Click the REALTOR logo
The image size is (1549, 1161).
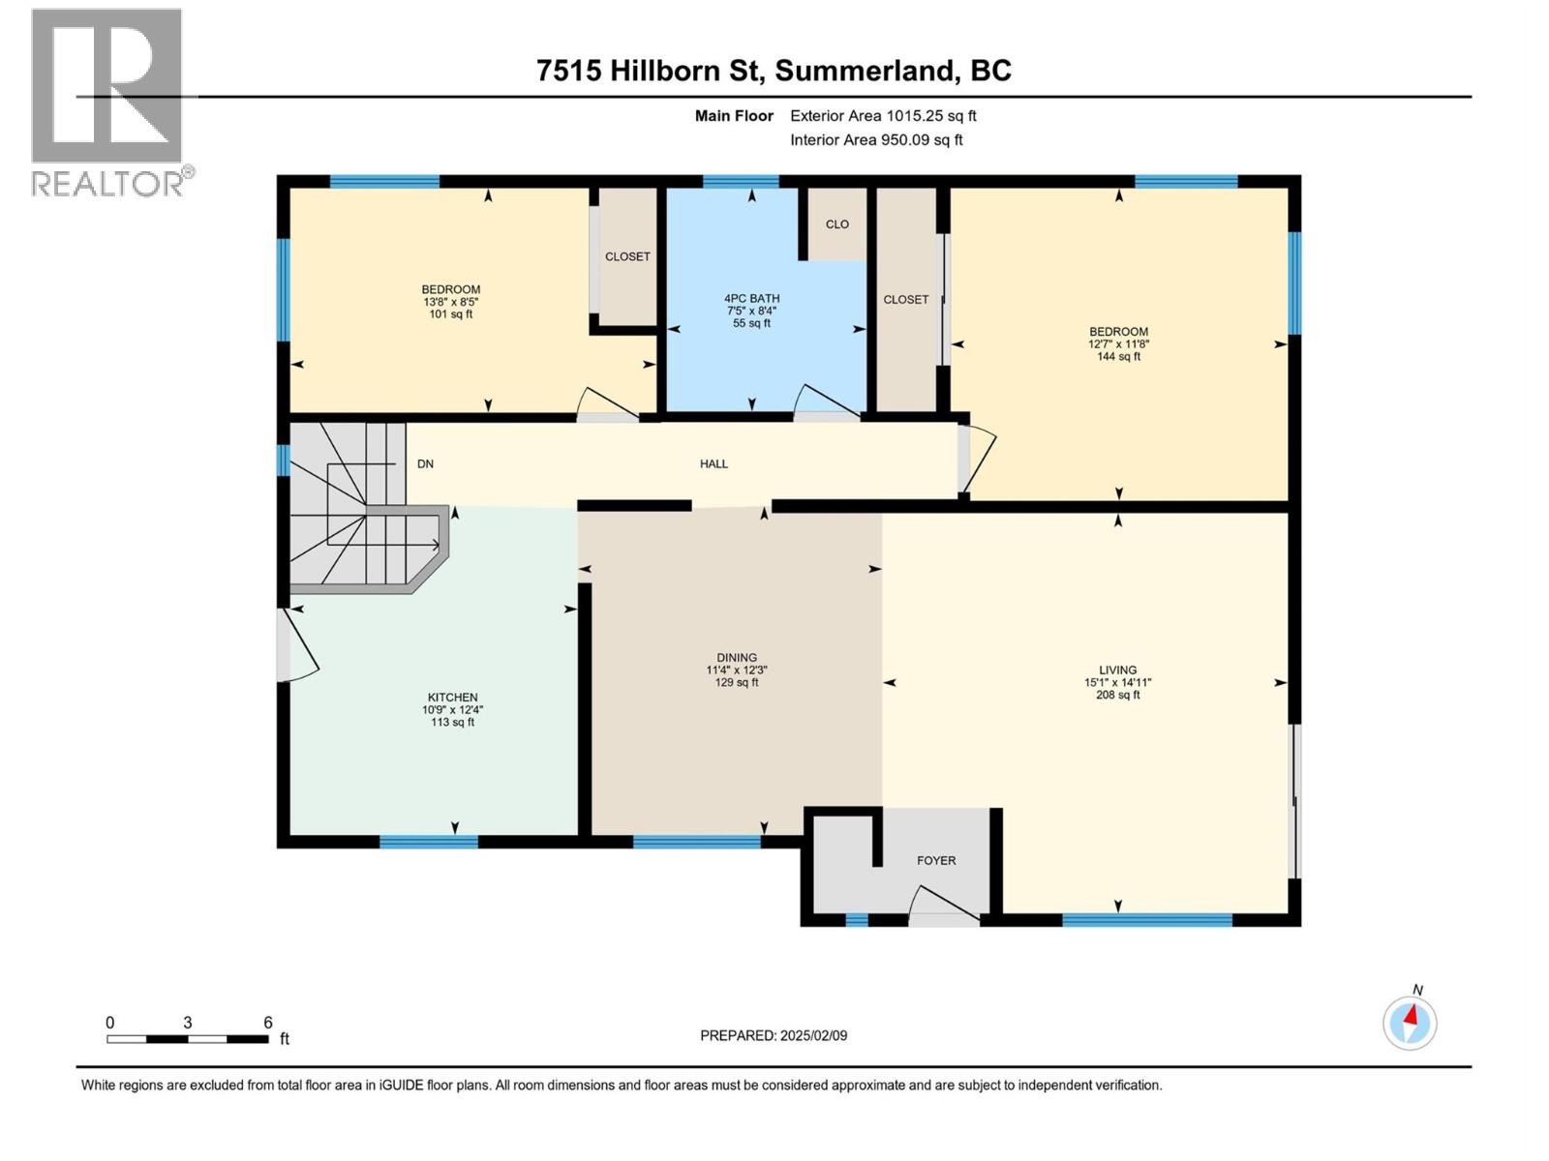(x=107, y=102)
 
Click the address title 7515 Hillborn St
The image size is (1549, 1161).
(x=774, y=71)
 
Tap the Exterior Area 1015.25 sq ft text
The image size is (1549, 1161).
(x=883, y=116)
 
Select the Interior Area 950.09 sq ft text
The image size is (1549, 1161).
(x=876, y=140)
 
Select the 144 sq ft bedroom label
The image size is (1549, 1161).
(x=1118, y=344)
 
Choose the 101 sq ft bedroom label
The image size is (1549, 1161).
(x=451, y=302)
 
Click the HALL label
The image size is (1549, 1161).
(x=714, y=464)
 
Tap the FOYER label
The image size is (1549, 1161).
(x=936, y=861)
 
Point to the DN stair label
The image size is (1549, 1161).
(x=425, y=464)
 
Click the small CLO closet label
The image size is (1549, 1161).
(x=837, y=224)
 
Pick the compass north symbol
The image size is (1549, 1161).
(x=1410, y=1022)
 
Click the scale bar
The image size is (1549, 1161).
(x=188, y=1039)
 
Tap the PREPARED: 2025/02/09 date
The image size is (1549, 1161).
(x=774, y=1036)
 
